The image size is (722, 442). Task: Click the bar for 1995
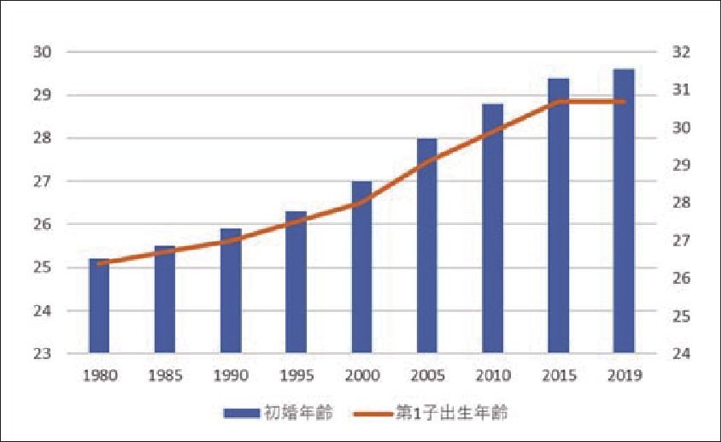pos(296,282)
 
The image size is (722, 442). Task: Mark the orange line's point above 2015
pos(558,102)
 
